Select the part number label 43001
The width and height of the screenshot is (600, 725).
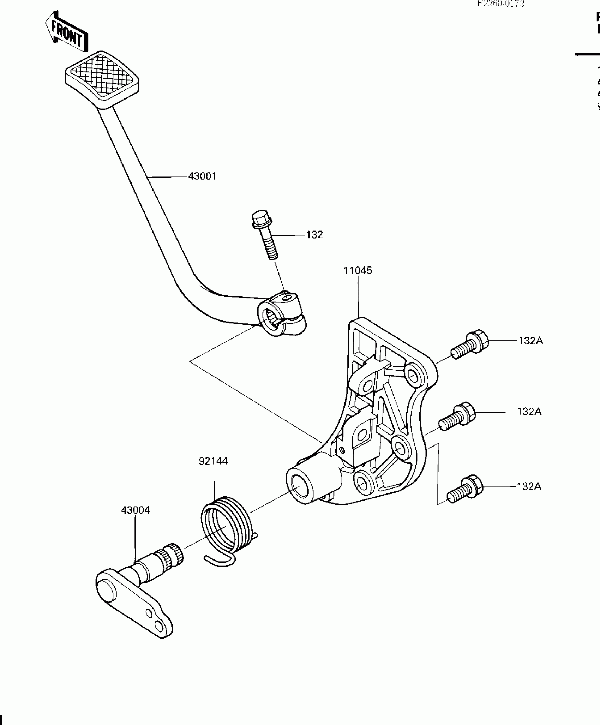click(202, 176)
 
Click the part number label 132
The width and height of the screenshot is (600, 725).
click(314, 235)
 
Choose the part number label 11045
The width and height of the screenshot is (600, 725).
click(358, 271)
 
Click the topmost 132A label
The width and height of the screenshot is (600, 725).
click(530, 341)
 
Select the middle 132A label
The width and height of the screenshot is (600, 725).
click(529, 412)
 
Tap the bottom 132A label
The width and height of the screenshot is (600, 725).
click(529, 486)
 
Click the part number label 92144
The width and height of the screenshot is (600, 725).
click(213, 461)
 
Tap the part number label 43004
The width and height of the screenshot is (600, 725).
click(136, 510)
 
